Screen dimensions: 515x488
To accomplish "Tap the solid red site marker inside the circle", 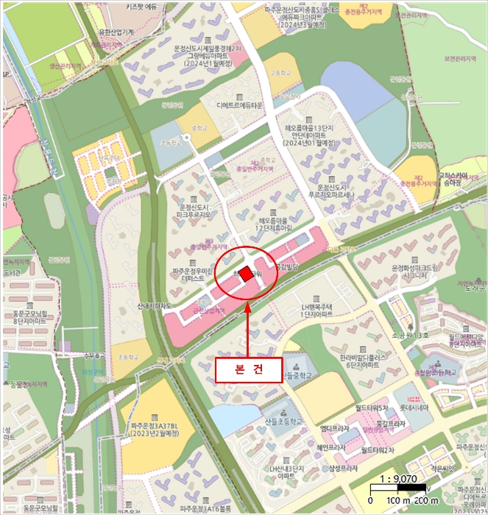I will coord(245,271).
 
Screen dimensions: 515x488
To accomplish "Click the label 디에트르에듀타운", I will coord(239,106).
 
